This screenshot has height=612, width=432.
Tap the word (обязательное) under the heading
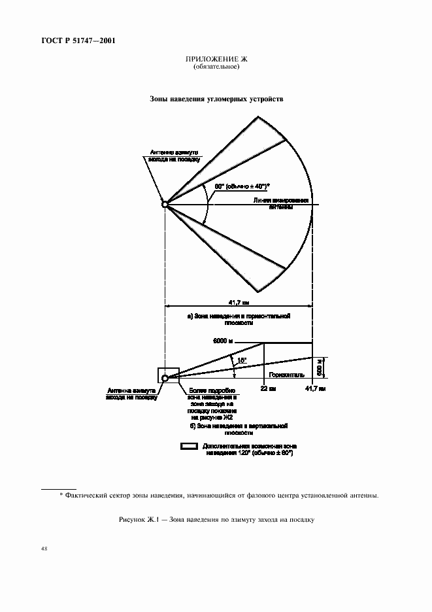216,67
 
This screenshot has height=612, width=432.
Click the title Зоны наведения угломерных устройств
216,99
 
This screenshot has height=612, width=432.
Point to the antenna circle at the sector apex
165,205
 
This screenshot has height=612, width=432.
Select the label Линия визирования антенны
281,205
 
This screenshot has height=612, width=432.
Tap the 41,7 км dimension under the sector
237,303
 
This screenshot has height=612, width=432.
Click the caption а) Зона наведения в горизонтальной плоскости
239,319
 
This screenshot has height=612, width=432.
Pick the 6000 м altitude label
224,341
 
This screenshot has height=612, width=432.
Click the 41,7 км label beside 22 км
315,388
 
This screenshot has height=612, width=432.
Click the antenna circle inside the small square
165,378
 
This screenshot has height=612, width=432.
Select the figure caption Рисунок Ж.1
216,520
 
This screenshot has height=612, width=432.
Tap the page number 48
44,549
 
